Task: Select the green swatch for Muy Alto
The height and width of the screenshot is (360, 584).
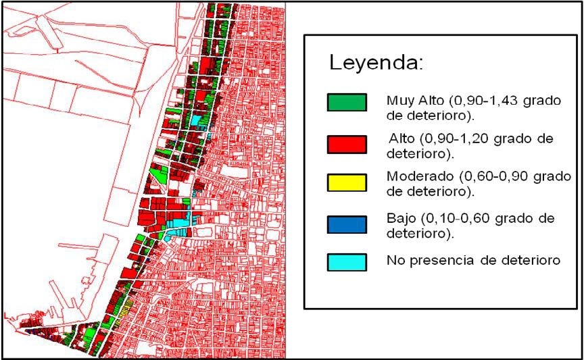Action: tap(346, 102)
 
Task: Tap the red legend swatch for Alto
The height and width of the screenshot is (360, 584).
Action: tap(346, 145)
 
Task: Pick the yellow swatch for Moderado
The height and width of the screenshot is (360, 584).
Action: tap(346, 183)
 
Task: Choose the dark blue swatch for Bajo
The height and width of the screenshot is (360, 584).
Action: tap(346, 224)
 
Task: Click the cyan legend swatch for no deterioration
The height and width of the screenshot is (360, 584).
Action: tap(346, 262)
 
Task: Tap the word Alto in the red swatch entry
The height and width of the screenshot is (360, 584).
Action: tap(403, 138)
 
